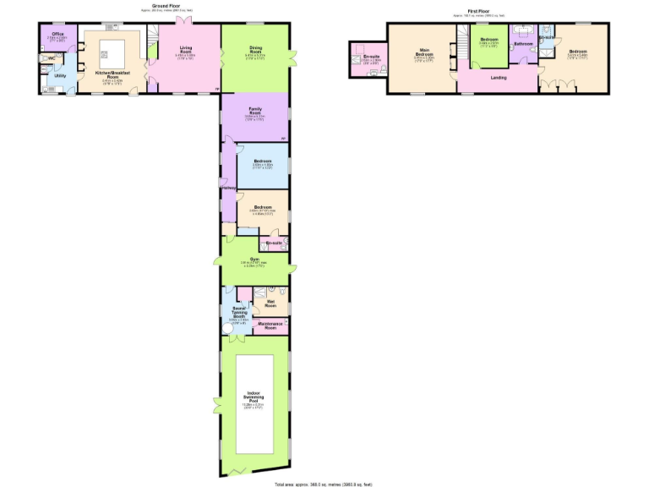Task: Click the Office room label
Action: point(57,34)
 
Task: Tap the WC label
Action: point(51,57)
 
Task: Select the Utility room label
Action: point(60,76)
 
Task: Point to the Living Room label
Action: point(187,50)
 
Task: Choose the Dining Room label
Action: point(255,49)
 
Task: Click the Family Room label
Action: point(255,111)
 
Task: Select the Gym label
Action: point(254,260)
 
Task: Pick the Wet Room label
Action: point(271,301)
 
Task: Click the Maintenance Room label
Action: point(268,325)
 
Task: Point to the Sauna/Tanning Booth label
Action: point(238,311)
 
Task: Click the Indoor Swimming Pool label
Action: point(254,394)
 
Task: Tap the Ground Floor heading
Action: point(167,5)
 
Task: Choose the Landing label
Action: point(499,77)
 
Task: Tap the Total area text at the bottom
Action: point(324,483)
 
